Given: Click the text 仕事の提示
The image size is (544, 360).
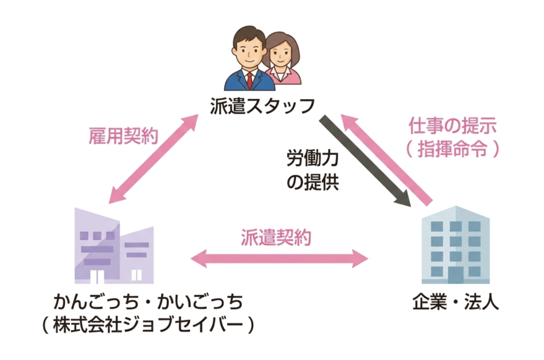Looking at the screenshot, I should point(452,126).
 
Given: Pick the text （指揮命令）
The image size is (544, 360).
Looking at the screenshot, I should point(453,149).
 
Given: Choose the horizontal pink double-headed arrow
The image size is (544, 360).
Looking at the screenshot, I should point(279,259).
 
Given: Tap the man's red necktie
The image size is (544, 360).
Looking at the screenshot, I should point(249,79).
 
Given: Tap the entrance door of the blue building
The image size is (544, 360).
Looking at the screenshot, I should point(456,275).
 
